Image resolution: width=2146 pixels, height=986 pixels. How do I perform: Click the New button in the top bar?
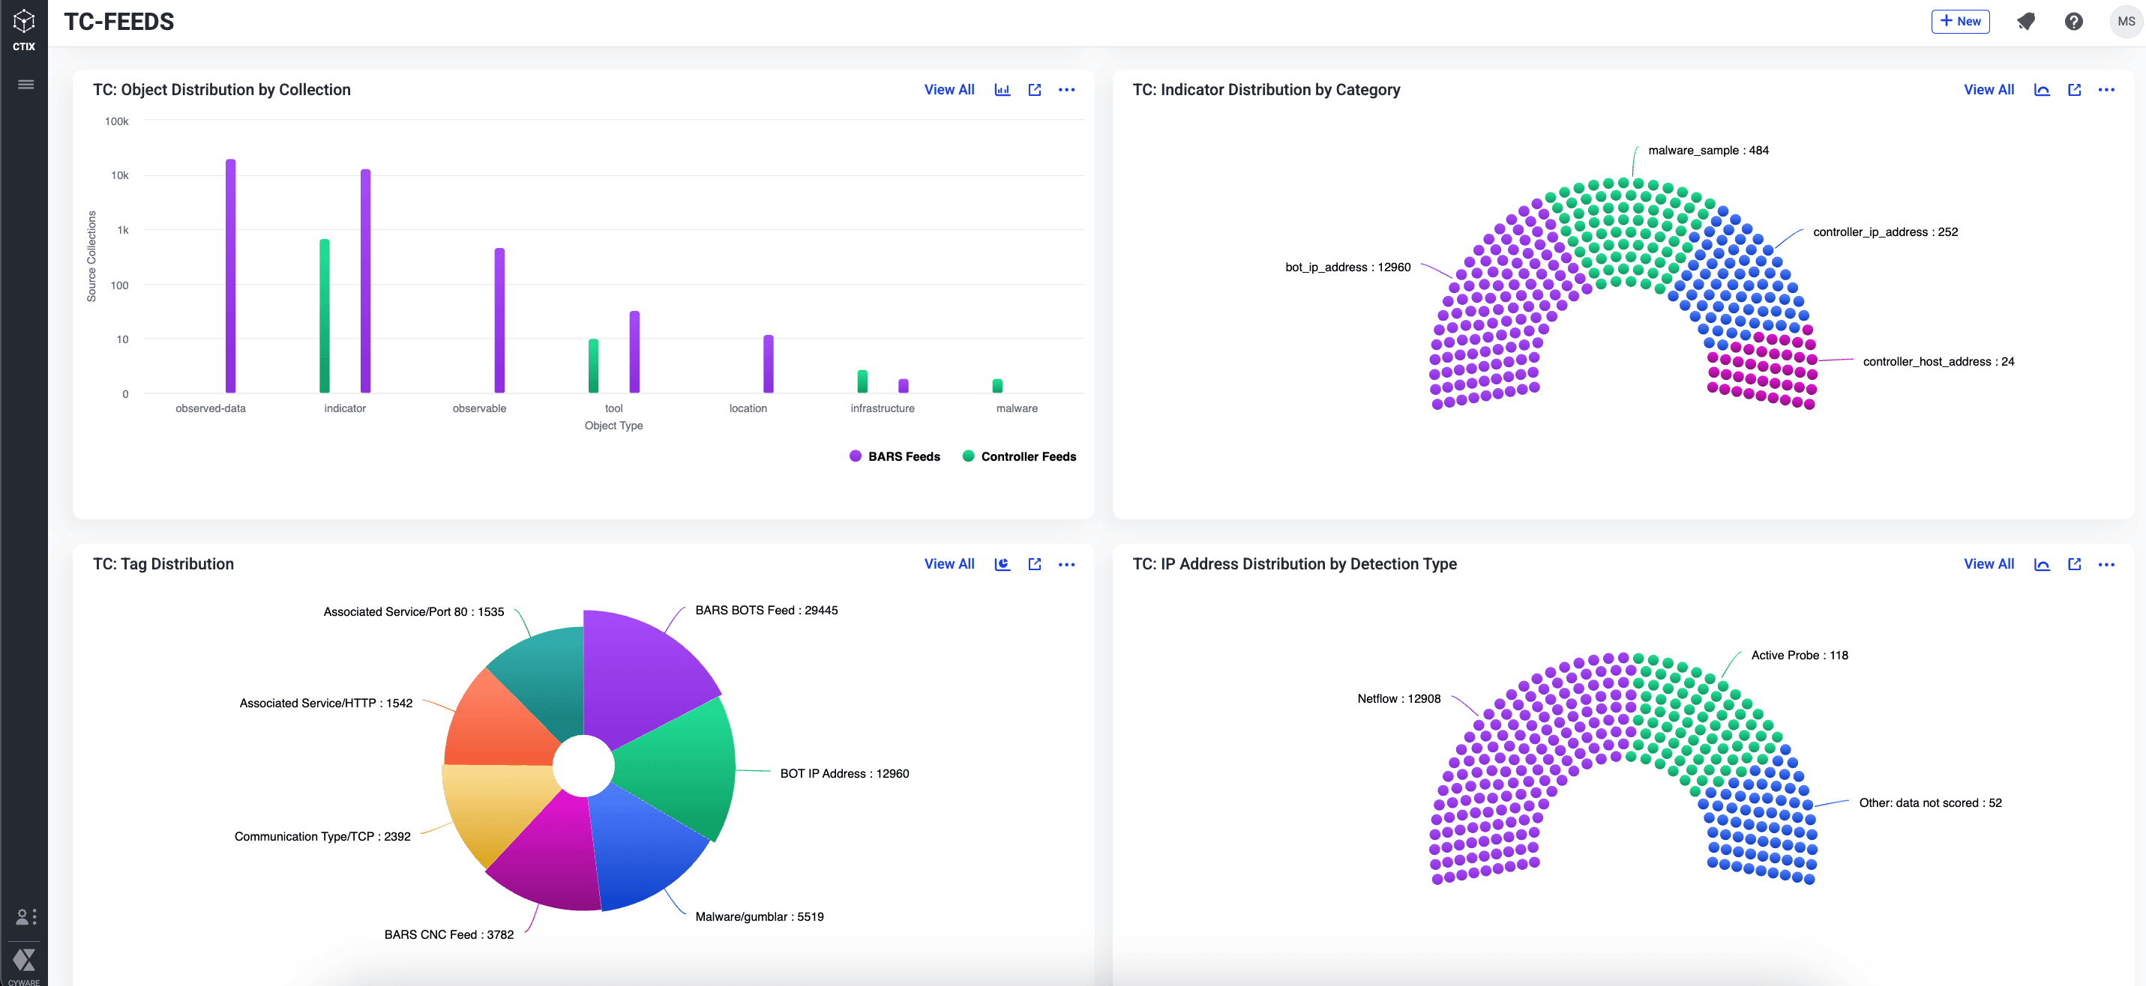coord(1959,22)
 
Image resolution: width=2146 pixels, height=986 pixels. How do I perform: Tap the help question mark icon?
coord(2073,22)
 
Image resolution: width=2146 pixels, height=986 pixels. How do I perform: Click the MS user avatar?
coord(2125,22)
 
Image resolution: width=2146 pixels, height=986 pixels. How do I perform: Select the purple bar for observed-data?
coord(231,275)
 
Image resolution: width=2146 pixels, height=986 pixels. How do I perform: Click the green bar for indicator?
coord(325,316)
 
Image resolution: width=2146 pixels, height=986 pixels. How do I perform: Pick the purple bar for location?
coord(768,364)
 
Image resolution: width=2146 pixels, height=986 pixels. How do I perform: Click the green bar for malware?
coord(997,386)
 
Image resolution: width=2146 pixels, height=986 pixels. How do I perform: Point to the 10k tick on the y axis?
coord(120,176)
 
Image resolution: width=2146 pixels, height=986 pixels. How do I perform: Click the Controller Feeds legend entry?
coord(1019,456)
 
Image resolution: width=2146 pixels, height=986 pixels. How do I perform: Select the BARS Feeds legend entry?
coord(895,456)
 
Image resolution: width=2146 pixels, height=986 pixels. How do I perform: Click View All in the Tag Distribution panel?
coord(949,563)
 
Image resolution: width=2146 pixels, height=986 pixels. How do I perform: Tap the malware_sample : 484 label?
coord(1708,151)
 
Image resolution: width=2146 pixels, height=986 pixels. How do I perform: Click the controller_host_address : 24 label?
coord(1938,361)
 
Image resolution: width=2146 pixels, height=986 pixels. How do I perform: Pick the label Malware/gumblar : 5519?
coord(759,917)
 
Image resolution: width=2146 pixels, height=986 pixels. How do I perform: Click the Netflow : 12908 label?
coord(1398,699)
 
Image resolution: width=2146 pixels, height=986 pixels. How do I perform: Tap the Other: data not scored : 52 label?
coord(1929,802)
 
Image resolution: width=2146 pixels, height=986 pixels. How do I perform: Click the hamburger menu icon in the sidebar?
coord(25,84)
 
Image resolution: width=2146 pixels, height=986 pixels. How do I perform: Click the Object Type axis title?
coord(613,426)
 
